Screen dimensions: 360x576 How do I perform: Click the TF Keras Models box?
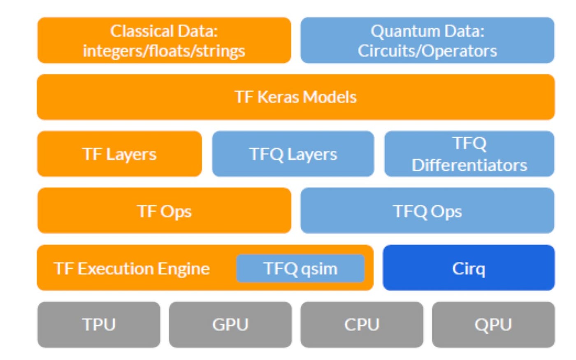(295, 97)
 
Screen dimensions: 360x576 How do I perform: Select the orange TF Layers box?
(119, 154)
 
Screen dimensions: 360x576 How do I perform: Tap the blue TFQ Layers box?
(293, 154)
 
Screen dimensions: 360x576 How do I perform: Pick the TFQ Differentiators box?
(469, 154)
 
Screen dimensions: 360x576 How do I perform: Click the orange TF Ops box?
(164, 211)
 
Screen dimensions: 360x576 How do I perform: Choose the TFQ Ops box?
(427, 211)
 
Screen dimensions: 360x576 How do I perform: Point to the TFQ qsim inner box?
(300, 268)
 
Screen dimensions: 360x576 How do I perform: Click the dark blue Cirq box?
(468, 268)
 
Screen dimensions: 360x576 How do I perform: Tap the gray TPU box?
(99, 325)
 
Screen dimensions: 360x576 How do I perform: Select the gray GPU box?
(230, 325)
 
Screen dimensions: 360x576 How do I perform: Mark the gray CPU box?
(362, 325)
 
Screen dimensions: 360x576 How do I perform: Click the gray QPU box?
(493, 325)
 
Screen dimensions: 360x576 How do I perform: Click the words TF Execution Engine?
(132, 269)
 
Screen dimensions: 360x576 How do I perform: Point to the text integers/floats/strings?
(164, 51)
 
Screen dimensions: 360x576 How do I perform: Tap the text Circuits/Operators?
(427, 51)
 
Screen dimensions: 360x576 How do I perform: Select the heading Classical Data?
(164, 31)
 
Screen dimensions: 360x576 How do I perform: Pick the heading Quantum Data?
(427, 31)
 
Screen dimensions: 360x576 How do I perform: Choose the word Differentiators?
(469, 165)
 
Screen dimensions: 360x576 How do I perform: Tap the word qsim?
(319, 269)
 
